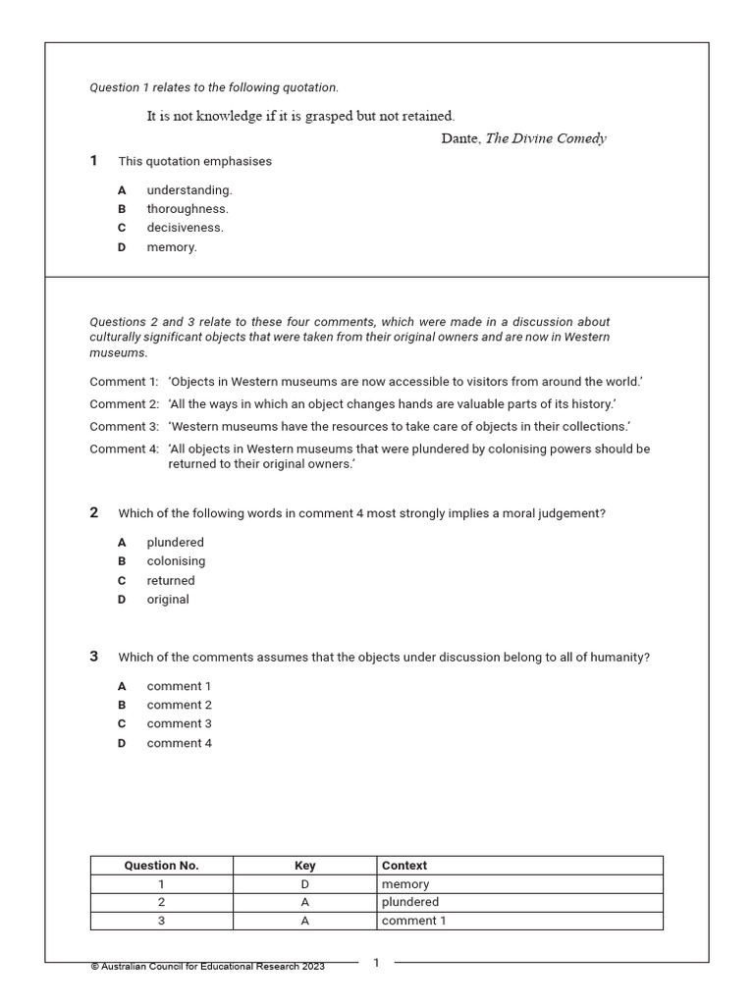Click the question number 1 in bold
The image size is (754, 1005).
[x=94, y=161]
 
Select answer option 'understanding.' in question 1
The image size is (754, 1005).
[x=189, y=190]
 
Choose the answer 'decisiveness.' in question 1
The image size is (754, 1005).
[x=186, y=228]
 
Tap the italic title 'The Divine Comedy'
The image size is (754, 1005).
[x=546, y=138]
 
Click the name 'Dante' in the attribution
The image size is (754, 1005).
[x=459, y=138]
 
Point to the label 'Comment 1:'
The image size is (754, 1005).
[x=124, y=382]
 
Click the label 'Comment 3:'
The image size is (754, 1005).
[x=124, y=427]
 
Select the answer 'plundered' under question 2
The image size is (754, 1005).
[x=176, y=543]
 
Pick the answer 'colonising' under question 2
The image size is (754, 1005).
[x=177, y=561]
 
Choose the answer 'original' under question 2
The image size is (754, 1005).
[x=168, y=600]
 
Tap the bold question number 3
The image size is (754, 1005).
[x=94, y=657]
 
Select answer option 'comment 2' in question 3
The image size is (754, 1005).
[x=180, y=705]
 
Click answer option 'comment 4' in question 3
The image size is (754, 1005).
[x=180, y=743]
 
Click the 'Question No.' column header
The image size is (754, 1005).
[x=161, y=866]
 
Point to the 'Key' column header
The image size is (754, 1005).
[x=305, y=866]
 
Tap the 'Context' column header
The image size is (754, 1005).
[x=404, y=866]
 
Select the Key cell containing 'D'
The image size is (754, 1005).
[x=305, y=884]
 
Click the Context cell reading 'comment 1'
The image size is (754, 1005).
[x=413, y=921]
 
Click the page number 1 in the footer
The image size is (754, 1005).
[x=376, y=963]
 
